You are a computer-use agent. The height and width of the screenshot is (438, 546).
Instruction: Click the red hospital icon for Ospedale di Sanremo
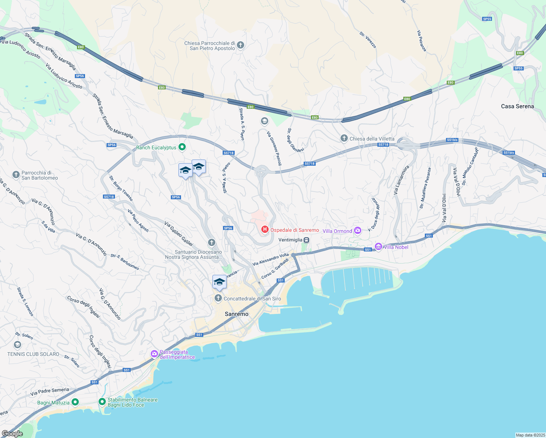[265, 230]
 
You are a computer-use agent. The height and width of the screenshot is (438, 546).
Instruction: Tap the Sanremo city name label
[237, 314]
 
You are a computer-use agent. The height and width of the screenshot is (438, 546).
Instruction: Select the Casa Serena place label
[517, 106]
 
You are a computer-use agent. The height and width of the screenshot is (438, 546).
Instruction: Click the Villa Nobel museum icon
[378, 247]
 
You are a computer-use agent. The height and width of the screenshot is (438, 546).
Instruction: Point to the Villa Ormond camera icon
[358, 230]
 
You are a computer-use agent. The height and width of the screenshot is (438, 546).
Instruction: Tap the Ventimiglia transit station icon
[307, 240]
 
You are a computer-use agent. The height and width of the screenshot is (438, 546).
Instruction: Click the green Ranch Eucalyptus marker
[182, 147]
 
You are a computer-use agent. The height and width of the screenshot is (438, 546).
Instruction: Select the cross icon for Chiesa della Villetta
[344, 138]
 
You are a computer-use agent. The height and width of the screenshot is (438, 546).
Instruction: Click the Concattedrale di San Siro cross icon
[218, 298]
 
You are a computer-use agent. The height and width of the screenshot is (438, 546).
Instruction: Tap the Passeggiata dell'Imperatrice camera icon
[154, 354]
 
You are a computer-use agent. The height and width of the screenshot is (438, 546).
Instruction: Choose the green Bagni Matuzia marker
[75, 402]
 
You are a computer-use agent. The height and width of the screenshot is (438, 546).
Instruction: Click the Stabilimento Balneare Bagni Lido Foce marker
[102, 402]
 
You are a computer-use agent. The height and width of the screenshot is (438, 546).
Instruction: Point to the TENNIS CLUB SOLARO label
[33, 354]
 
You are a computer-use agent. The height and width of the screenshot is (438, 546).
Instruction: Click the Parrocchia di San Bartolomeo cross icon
[16, 175]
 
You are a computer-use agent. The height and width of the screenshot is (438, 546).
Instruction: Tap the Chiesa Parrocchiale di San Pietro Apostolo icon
[240, 45]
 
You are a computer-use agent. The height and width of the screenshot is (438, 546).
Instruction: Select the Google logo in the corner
[12, 434]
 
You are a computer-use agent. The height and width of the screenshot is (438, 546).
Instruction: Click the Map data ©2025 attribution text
[530, 435]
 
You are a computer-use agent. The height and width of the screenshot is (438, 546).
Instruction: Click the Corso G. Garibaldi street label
[275, 268]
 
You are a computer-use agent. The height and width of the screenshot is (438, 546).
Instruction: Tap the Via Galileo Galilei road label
[178, 234]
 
